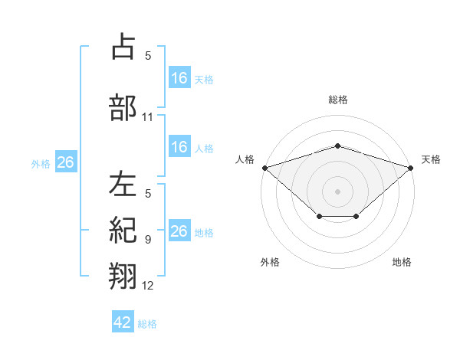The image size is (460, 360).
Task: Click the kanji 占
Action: coord(123,46)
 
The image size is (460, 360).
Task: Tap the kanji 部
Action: coord(123,107)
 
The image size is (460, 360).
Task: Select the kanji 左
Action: coord(123,184)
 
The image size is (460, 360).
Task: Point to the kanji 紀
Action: coord(123,230)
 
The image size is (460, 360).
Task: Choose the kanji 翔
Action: coord(123,276)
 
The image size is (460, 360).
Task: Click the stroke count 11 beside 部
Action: coord(147,117)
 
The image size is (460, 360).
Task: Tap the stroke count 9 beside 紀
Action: coord(148,240)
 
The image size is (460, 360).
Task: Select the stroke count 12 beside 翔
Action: coord(147,286)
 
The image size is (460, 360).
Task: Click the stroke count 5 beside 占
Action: coord(148,56)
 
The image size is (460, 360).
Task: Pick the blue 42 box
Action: coord(123,321)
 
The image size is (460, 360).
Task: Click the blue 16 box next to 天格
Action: coord(179,77)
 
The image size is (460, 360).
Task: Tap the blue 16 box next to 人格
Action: coord(179,146)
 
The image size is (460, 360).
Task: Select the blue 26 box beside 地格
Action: coord(179,230)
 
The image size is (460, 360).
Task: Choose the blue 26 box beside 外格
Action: coord(66,162)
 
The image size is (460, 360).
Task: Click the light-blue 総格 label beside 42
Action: coord(147,324)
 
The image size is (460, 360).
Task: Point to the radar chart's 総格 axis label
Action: coord(338,100)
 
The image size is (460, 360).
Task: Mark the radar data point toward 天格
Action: coord(411,168)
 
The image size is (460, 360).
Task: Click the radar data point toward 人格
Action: coord(265,168)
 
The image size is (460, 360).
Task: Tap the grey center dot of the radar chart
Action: coord(337,191)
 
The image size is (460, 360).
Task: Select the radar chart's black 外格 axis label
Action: coord(270,262)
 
